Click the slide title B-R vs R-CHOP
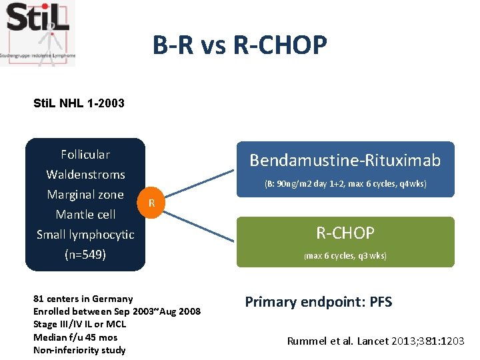(x=239, y=45)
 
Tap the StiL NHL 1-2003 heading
(x=79, y=103)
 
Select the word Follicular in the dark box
(x=85, y=155)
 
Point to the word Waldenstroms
(x=85, y=175)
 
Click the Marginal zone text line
(x=85, y=195)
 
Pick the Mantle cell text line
(x=85, y=215)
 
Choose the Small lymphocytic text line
(x=85, y=235)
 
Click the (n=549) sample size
(x=85, y=254)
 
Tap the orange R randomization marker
(x=152, y=203)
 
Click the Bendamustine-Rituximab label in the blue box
(x=345, y=160)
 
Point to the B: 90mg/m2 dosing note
(x=345, y=183)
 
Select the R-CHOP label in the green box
(x=345, y=233)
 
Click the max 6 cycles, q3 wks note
(x=345, y=256)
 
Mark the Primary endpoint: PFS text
(x=318, y=302)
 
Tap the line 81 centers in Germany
(x=83, y=299)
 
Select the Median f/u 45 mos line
(x=75, y=337)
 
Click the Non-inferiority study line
(x=79, y=350)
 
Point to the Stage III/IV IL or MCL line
(x=79, y=324)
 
